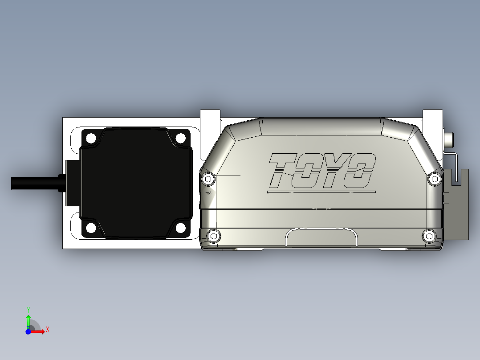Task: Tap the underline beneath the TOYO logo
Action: (321, 192)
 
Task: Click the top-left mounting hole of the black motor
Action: (91, 139)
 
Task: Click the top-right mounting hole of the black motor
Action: (180, 139)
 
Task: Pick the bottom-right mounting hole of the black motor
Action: (180, 228)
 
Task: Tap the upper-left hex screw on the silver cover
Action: (208, 179)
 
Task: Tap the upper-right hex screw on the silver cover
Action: (435, 179)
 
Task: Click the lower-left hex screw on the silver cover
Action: (214, 236)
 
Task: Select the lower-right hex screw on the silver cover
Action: (429, 236)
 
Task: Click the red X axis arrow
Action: (40, 331)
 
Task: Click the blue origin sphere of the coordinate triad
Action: (28, 331)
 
